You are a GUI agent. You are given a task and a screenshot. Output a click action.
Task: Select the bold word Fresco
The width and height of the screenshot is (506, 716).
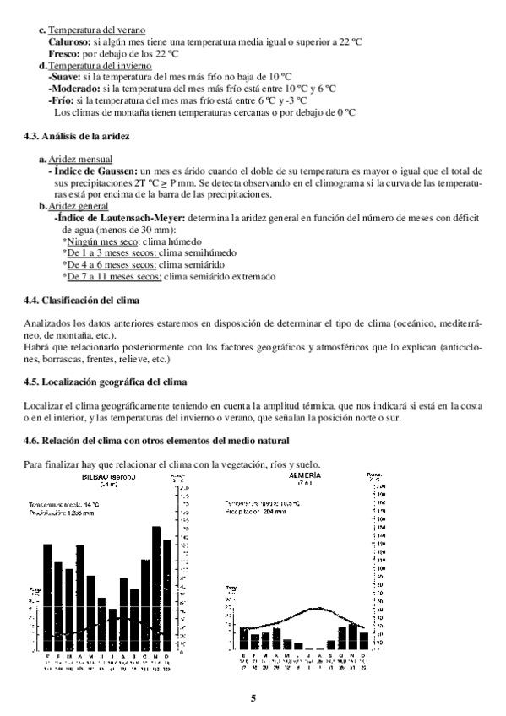click(63, 52)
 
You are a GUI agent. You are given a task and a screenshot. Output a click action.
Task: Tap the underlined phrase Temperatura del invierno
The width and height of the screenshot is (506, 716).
click(100, 64)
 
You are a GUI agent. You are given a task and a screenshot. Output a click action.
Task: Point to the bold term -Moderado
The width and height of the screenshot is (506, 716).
click(73, 88)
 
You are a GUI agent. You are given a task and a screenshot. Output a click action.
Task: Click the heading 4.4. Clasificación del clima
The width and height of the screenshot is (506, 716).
click(81, 300)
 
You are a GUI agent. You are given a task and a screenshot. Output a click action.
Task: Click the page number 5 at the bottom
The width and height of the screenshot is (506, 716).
click(253, 697)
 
